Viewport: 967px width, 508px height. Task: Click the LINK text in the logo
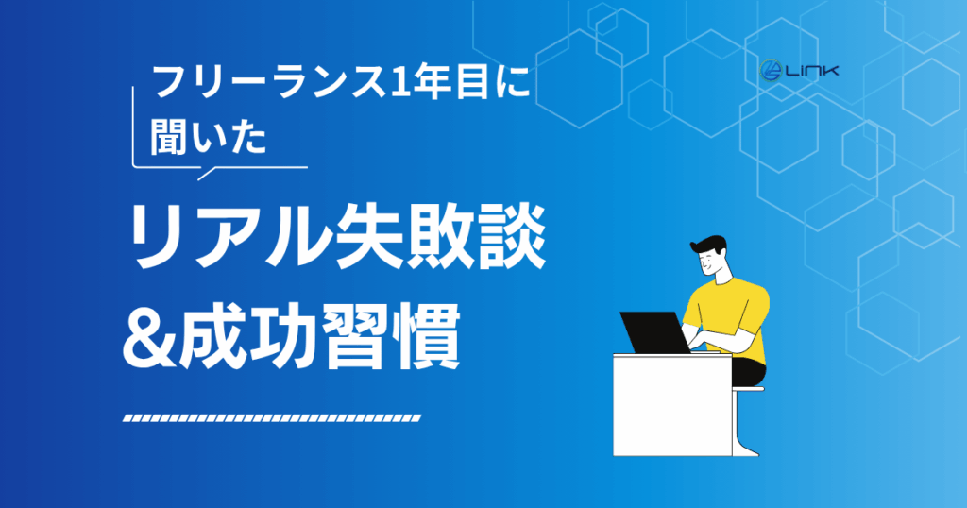[x=811, y=71]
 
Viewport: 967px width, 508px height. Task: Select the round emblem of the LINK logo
[x=771, y=71]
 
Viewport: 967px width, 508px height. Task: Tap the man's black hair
[x=709, y=245]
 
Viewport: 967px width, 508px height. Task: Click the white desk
[x=672, y=404]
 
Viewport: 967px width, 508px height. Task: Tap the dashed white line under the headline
[x=272, y=418]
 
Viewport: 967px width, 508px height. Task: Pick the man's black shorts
[x=749, y=371]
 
